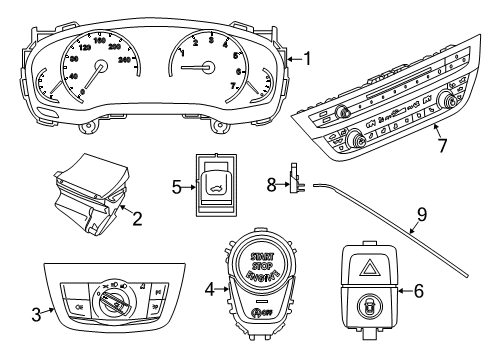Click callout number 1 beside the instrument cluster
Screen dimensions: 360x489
pyautogui.click(x=309, y=58)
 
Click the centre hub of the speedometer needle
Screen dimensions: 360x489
pyautogui.click(x=99, y=68)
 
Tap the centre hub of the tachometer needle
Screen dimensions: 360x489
pyautogui.click(x=208, y=68)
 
